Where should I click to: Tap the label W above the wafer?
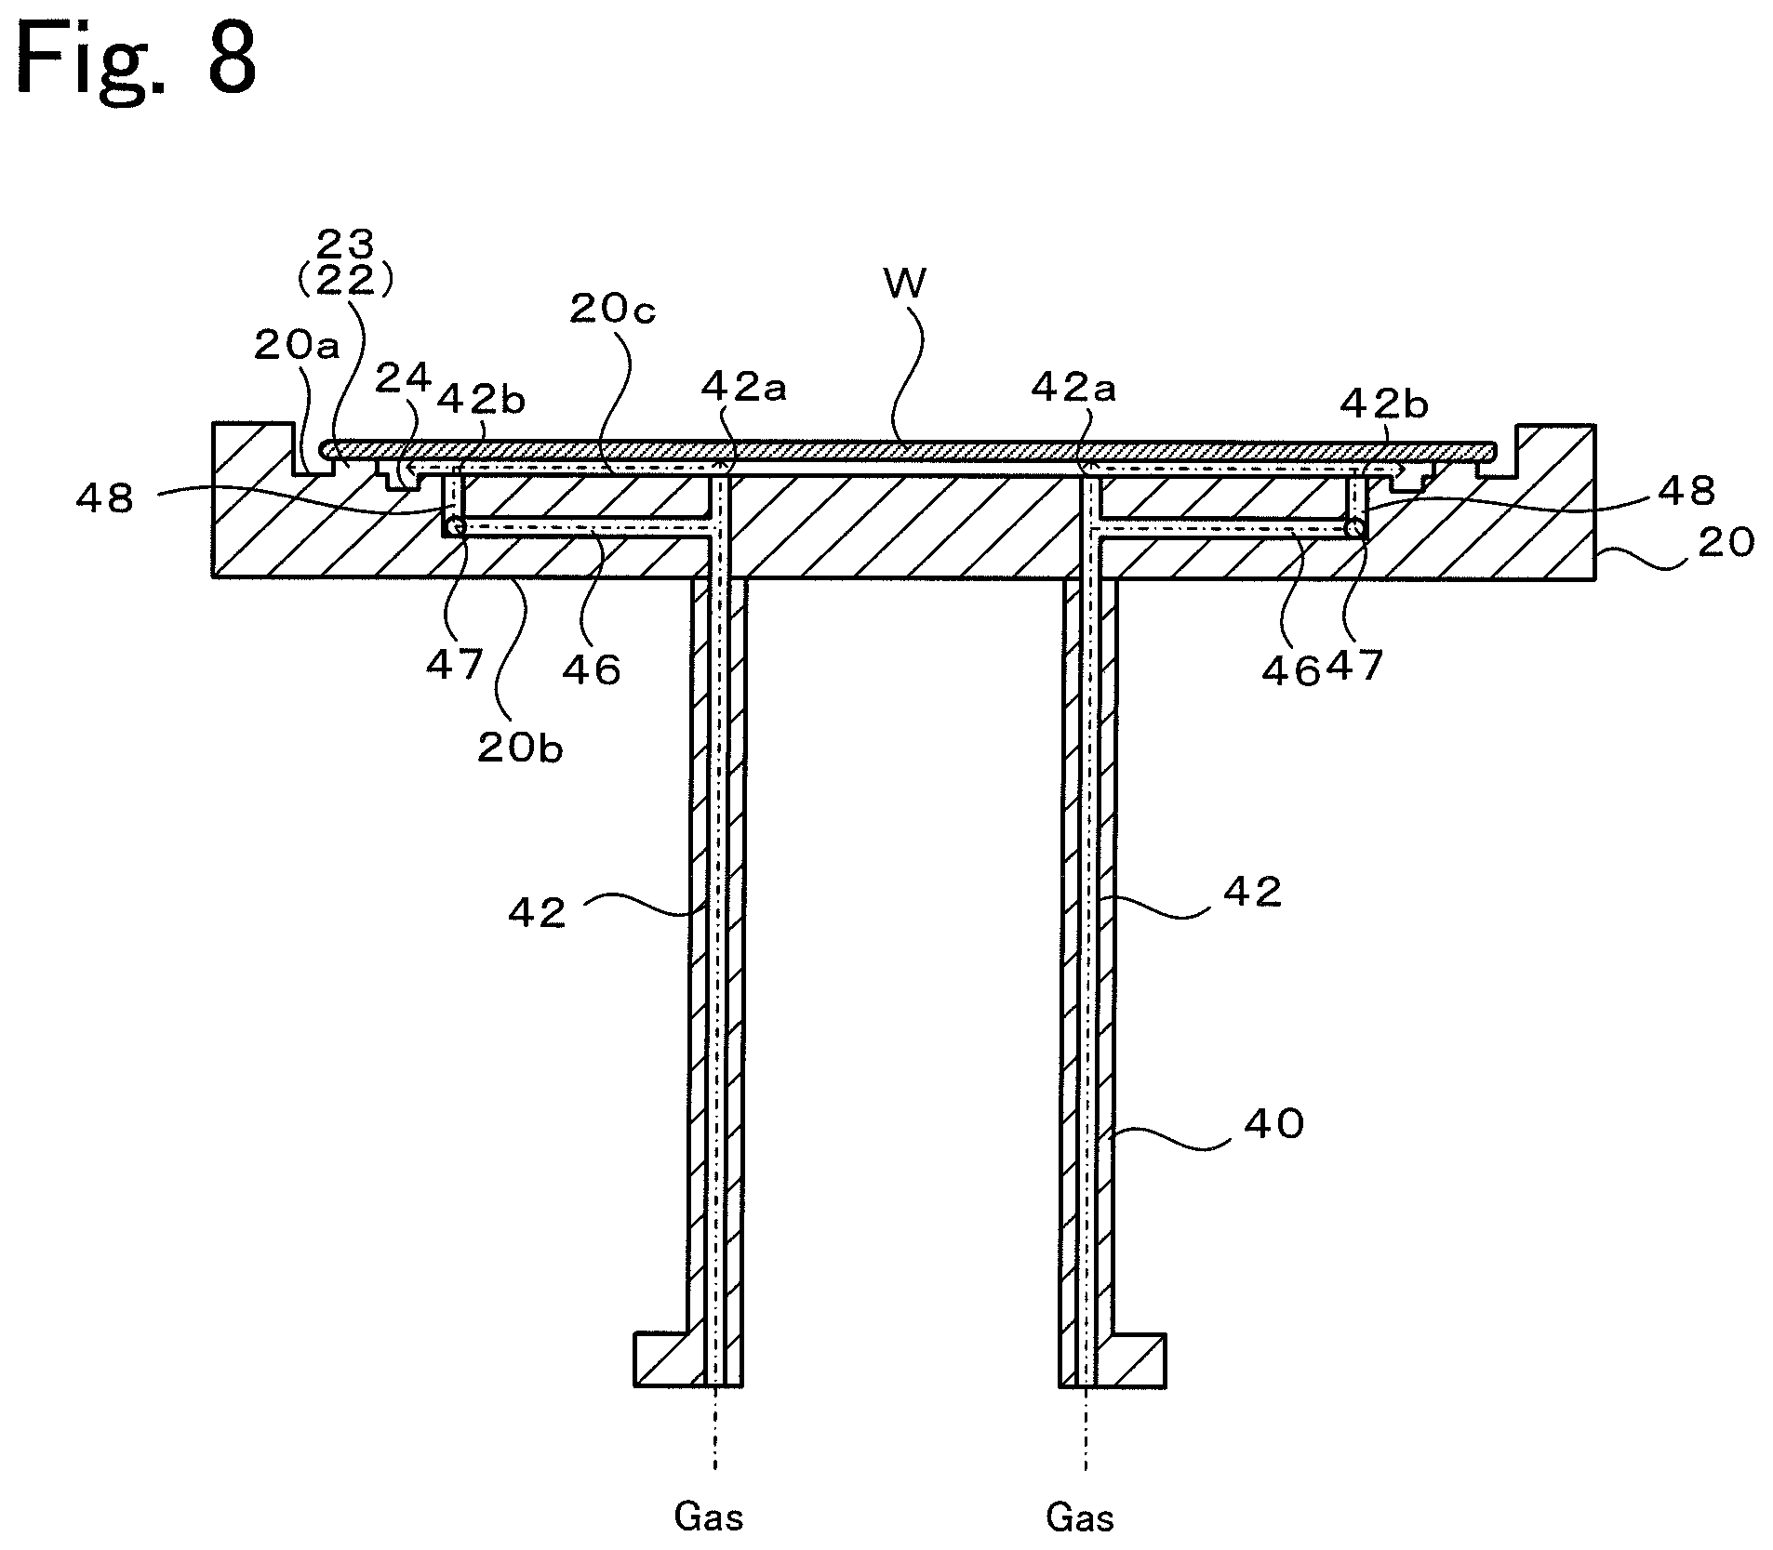coord(904,284)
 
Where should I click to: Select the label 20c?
coord(612,310)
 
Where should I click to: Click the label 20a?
coord(297,346)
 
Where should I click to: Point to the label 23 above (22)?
coord(345,245)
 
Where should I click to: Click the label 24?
coord(404,378)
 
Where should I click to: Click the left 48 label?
coord(107,498)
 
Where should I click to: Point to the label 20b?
coord(520,748)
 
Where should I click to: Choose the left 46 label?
coord(592,669)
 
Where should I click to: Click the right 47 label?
coord(1354,666)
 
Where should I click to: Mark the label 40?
coord(1273,1124)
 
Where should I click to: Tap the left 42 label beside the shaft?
coord(537,914)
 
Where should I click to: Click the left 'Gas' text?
coord(709,1518)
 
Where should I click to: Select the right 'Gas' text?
coord(1080,1518)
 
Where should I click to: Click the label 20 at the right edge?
coord(1726,542)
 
